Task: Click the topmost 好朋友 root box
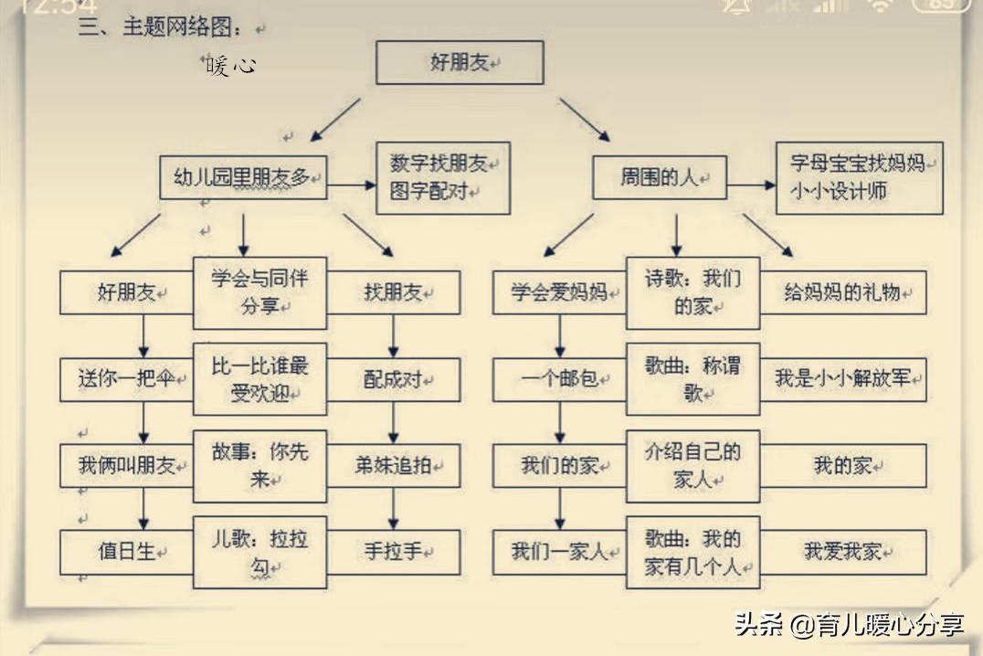pos(460,63)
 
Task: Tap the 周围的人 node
pos(659,177)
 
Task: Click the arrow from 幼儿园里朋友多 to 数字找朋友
pos(352,185)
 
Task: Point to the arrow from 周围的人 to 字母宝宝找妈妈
pos(751,185)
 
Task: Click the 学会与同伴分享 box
pos(259,292)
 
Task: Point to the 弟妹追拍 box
pos(394,465)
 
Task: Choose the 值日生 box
pos(126,552)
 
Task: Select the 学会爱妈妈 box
pos(559,292)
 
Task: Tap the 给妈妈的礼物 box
pos(843,292)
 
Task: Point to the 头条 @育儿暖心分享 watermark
pos(850,625)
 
